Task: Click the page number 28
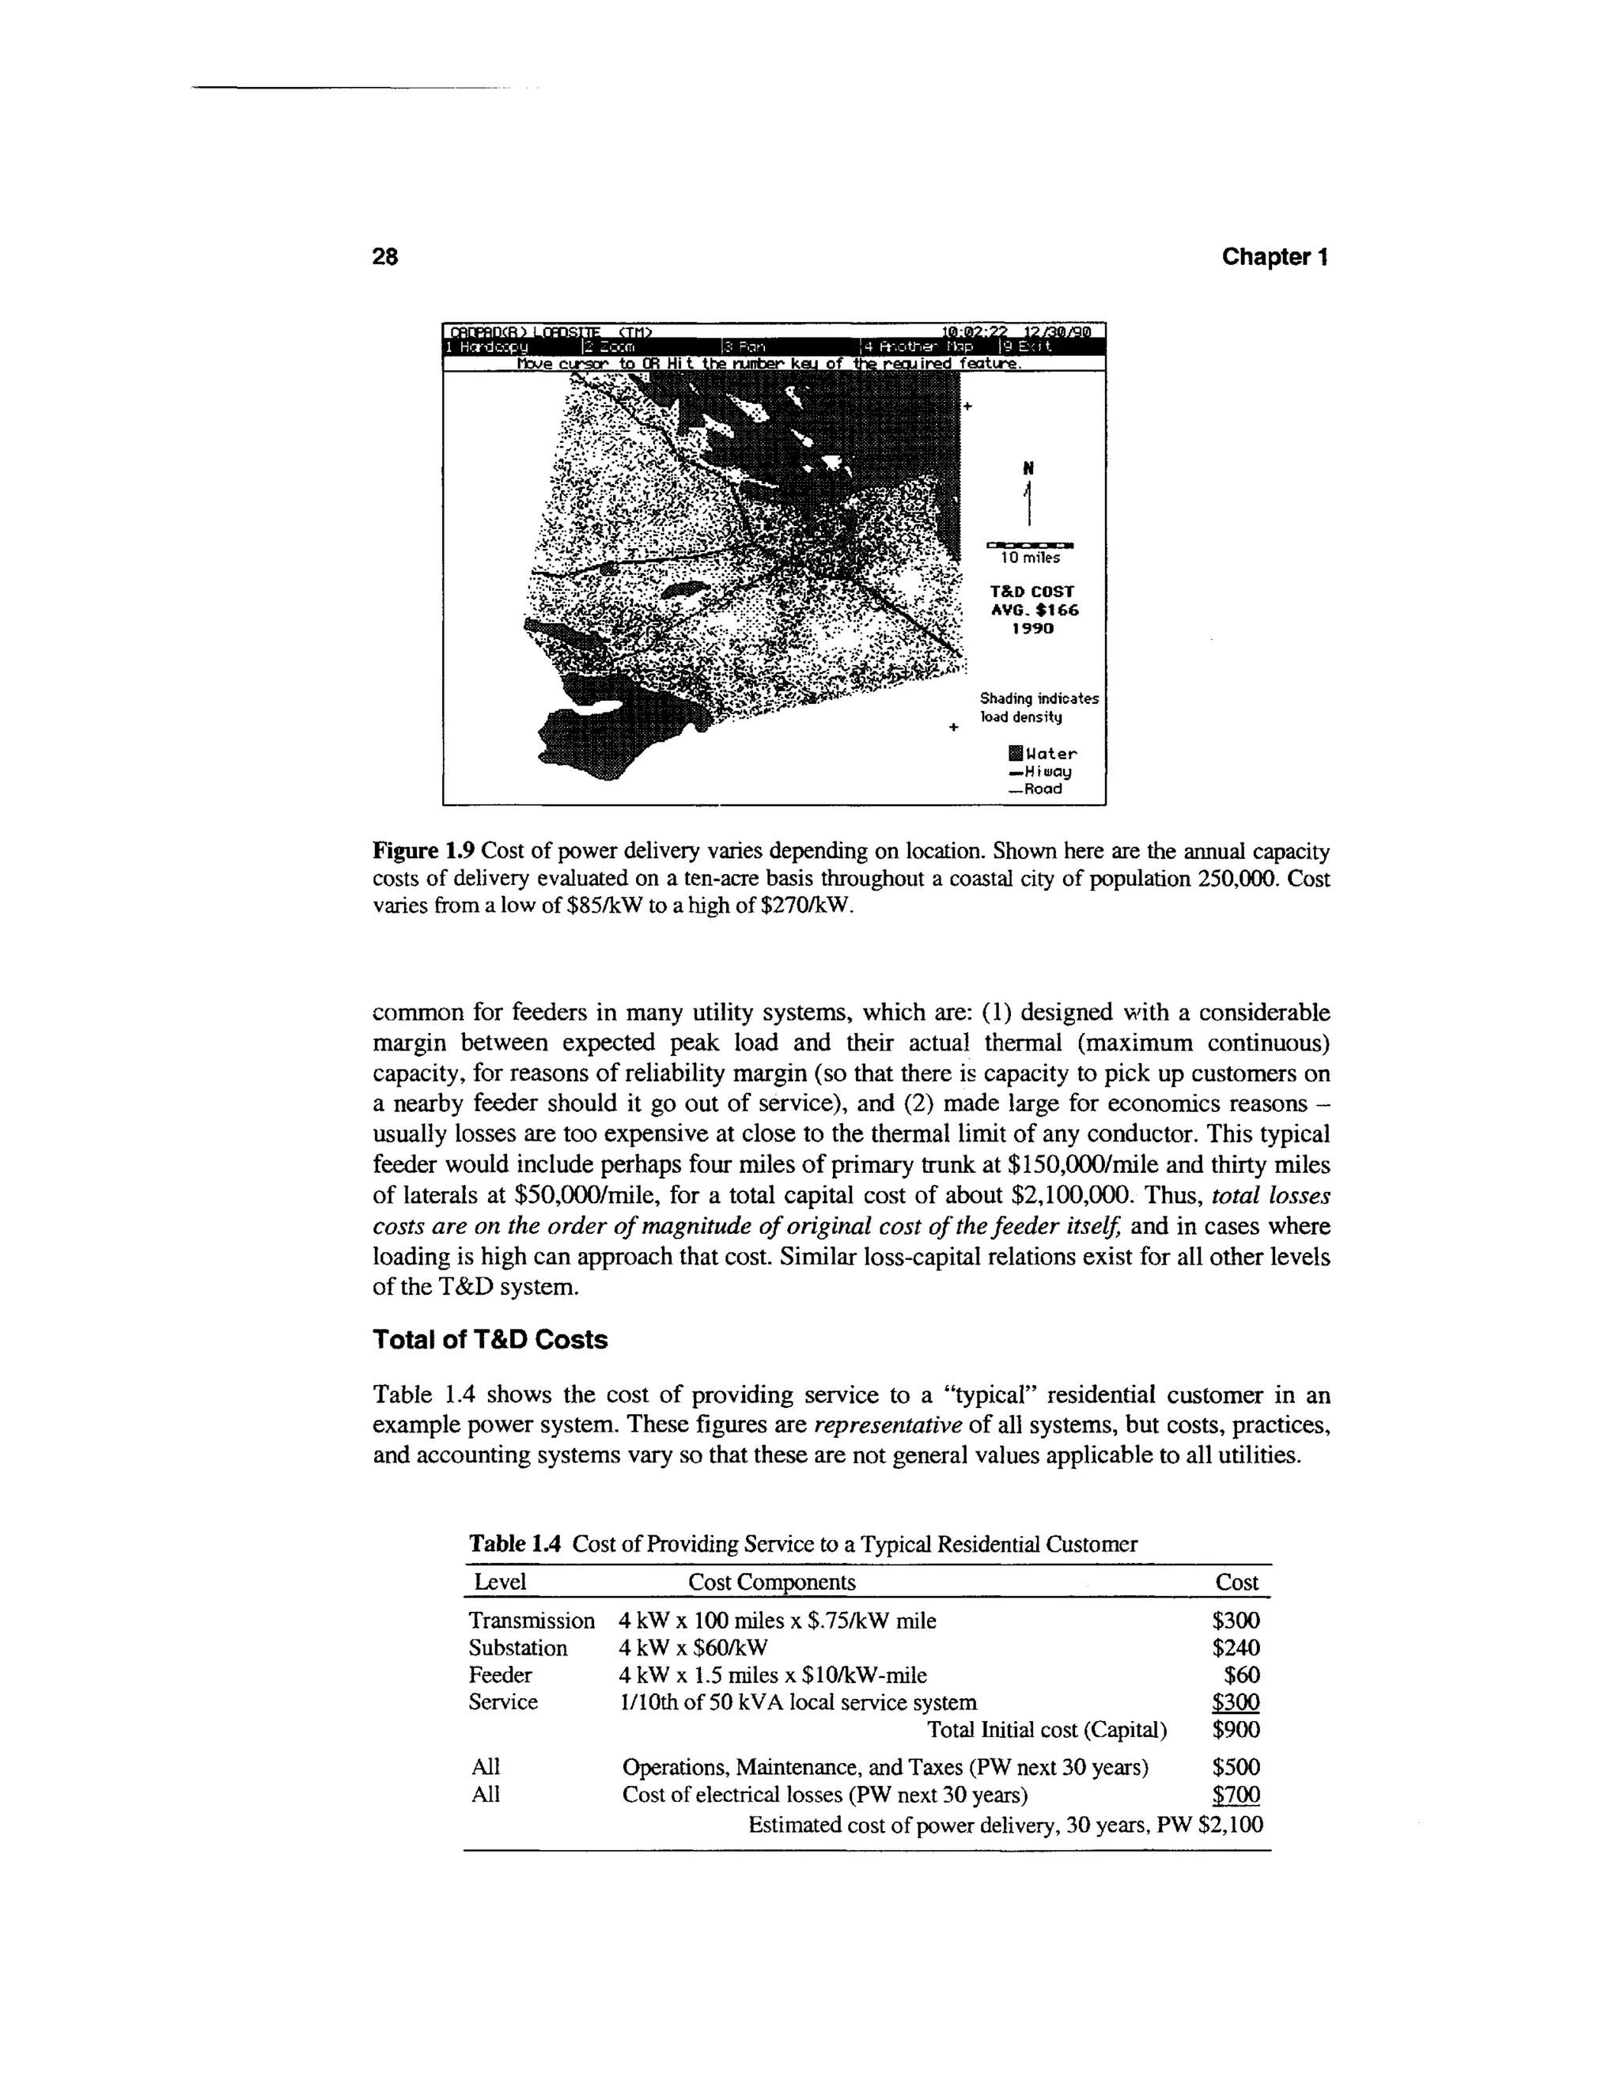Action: [x=385, y=257]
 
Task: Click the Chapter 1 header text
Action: [x=1274, y=257]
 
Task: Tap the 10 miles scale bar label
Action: [x=1030, y=558]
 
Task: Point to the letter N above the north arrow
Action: [x=1028, y=468]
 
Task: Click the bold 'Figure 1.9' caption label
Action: [x=423, y=851]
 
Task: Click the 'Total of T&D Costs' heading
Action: [x=490, y=1340]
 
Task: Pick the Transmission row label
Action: [x=532, y=1621]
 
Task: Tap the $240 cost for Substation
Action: [x=1235, y=1648]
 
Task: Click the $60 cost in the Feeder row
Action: [x=1241, y=1674]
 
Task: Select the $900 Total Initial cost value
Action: [x=1235, y=1729]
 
